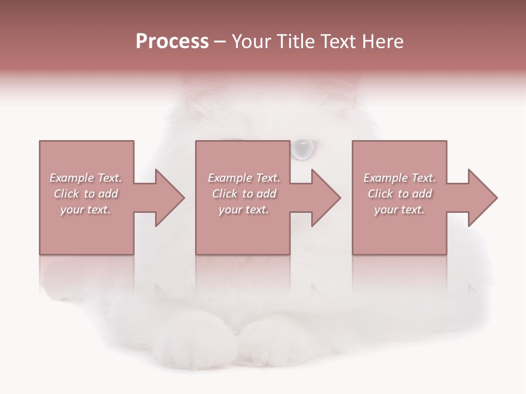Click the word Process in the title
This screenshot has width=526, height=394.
172,42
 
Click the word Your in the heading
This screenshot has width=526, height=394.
251,42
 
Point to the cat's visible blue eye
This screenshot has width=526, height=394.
302,148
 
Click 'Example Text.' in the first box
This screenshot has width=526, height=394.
85,178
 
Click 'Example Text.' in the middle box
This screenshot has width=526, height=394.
244,178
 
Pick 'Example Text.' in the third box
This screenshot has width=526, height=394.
399,178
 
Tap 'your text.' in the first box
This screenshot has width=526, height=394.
85,210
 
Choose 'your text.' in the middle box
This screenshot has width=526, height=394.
244,210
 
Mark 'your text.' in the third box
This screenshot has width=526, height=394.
399,210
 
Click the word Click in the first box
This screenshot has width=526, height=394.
67,194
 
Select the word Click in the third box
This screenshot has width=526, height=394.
381,194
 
